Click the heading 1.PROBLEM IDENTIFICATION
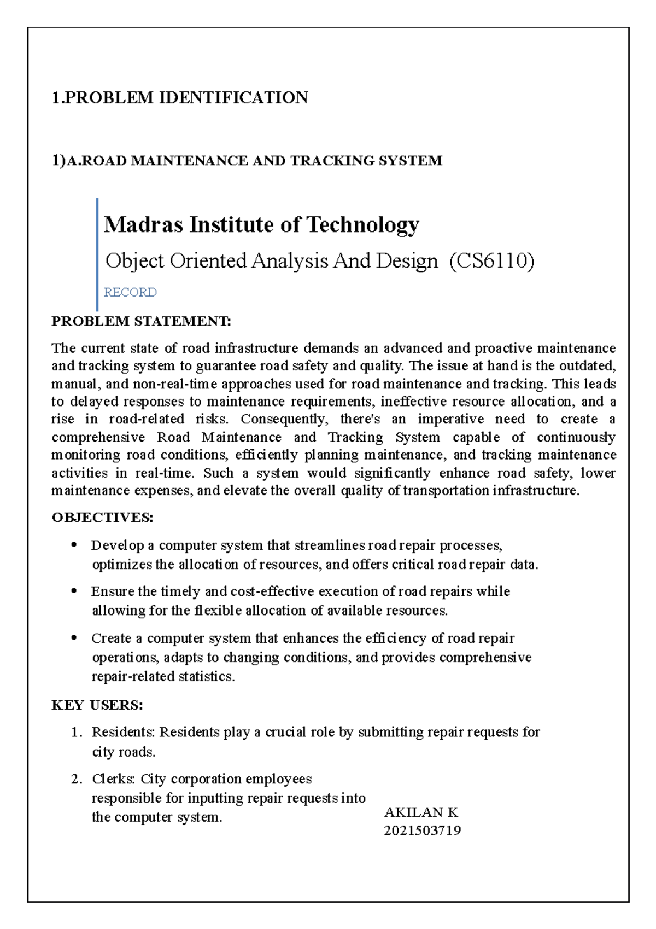coord(180,98)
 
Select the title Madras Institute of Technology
coord(261,224)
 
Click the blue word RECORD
coord(130,292)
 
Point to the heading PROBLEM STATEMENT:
coord(141,321)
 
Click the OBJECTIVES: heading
coord(102,518)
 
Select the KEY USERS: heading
coord(97,705)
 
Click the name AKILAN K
coord(421,812)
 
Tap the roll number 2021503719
coord(423,831)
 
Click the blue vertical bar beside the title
coord(97,254)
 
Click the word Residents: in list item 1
coord(124,732)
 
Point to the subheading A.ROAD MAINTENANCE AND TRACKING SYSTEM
coord(254,161)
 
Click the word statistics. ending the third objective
coord(207,676)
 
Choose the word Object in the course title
coord(134,261)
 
